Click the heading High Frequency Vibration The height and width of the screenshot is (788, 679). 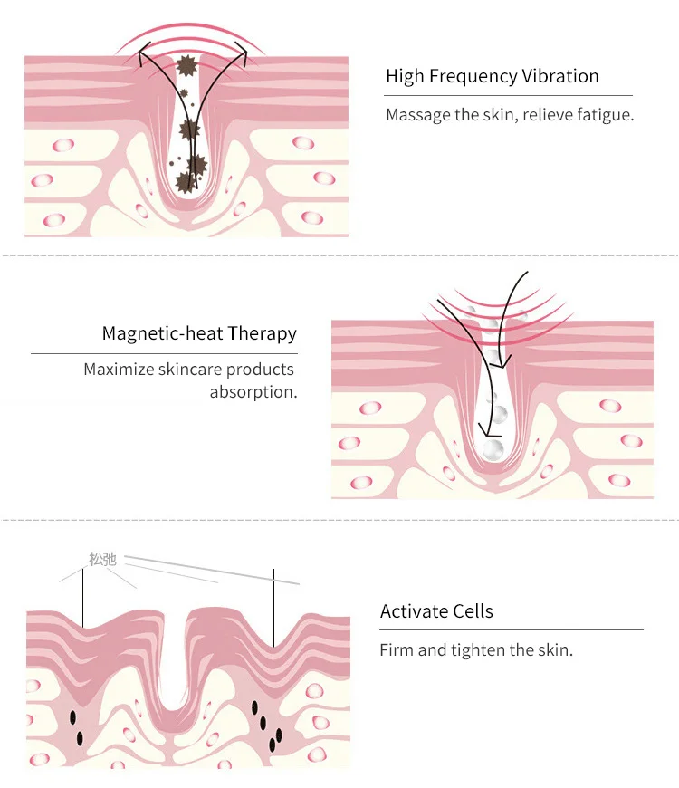pos(492,76)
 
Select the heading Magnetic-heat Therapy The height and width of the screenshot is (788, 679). pos(199,333)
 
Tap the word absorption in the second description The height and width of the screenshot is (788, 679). pos(253,392)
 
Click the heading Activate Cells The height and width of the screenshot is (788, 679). pos(436,611)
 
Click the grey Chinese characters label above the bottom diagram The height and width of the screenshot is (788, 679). pos(103,559)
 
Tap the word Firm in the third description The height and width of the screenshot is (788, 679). pos(396,650)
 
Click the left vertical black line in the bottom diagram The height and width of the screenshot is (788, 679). pos(83,598)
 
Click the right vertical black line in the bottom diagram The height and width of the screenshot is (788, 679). pos(273,607)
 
